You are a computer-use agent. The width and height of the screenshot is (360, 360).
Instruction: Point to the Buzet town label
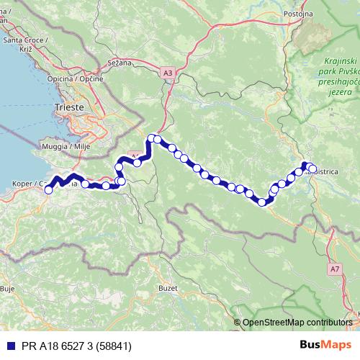tap(168, 287)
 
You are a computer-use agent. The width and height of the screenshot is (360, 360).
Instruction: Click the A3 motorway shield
tap(168, 73)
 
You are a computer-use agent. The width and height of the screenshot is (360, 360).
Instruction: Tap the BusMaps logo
tap(325, 345)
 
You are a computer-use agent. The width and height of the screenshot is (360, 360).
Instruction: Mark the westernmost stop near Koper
tap(48, 189)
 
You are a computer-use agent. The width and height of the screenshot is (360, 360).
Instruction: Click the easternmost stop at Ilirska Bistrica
tap(312, 169)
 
